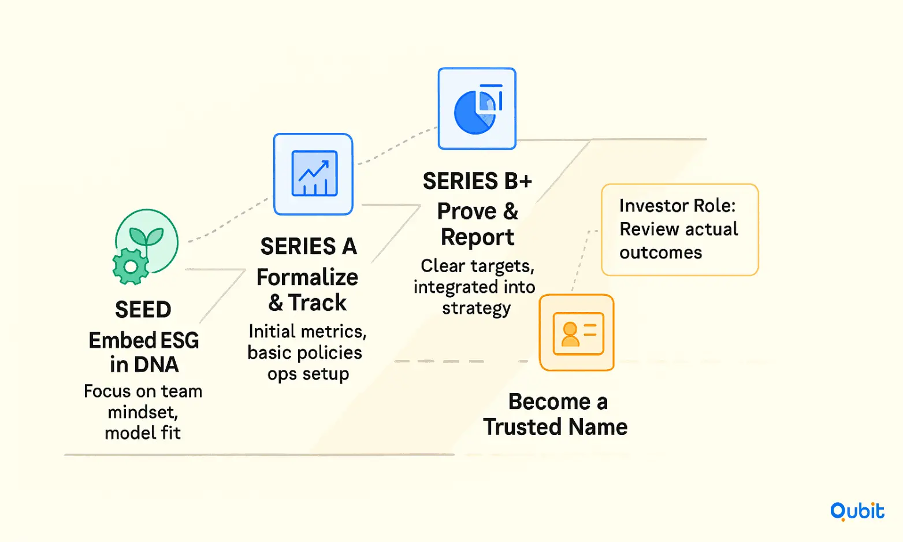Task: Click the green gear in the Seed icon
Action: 131,266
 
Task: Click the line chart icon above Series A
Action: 314,173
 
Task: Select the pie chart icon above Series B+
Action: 478,109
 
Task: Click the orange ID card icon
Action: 578,333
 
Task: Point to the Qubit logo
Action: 857,511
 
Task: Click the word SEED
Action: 143,310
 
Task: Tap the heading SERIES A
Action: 309,246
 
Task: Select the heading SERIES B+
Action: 477,181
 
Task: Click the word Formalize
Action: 307,277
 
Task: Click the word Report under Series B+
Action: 477,237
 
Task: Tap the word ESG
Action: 180,340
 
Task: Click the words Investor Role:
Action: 678,206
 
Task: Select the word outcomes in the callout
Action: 661,253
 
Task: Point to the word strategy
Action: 477,309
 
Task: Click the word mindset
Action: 143,413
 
